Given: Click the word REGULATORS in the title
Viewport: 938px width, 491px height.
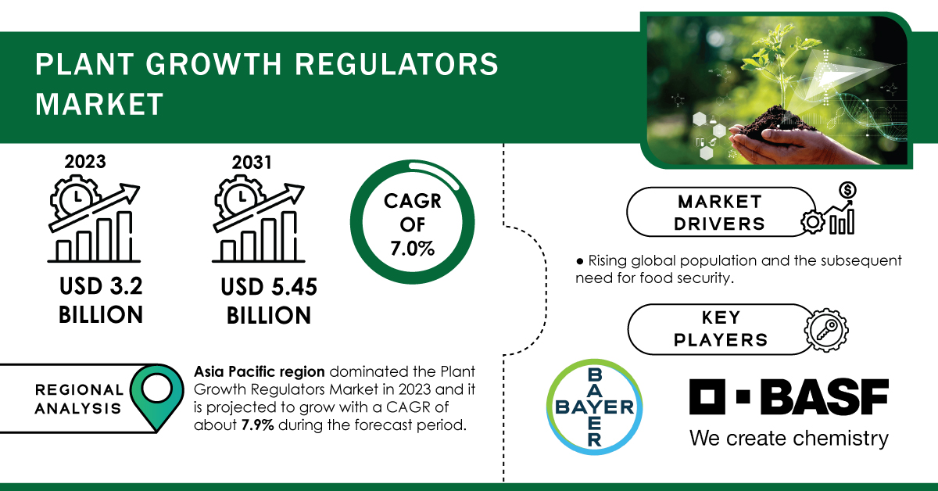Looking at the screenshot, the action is pos(396,65).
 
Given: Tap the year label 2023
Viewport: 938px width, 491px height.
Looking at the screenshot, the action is pos(85,162).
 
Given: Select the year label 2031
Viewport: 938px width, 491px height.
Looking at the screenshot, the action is pos(252,162).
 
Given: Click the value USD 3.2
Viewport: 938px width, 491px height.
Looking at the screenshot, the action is pos(101,286).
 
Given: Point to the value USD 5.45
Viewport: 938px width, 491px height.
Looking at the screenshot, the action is pos(269,287).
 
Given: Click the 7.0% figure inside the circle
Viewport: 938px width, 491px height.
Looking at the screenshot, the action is pos(413,249).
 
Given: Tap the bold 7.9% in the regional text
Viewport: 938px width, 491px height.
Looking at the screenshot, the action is pos(257,425).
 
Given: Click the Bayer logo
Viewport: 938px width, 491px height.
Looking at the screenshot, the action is pos(595,407).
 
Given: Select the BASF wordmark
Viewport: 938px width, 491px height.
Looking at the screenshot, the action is pos(789,396).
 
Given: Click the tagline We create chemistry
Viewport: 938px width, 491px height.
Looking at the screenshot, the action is pos(789,438).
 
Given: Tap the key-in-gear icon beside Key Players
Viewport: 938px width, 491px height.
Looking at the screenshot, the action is pos(826,330).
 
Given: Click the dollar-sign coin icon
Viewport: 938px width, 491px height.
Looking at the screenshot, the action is pos(847,191).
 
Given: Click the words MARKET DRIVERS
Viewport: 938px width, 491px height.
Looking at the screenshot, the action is pos(719,213).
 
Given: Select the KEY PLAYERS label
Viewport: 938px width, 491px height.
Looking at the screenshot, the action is pos(721,329).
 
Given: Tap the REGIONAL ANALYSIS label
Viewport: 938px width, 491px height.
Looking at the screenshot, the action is pos(79,399).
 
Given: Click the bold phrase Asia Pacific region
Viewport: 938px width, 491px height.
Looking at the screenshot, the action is pos(260,371).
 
